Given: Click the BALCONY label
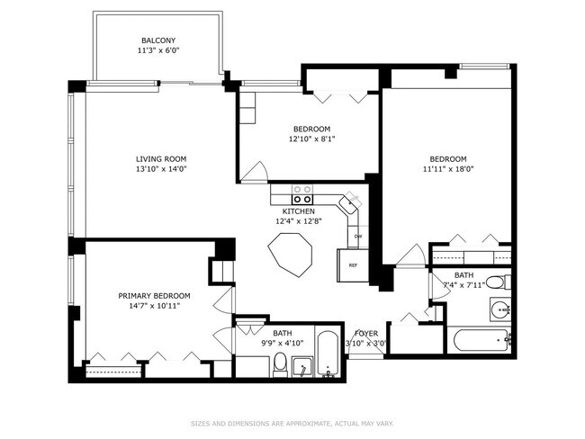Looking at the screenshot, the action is [x=158, y=40].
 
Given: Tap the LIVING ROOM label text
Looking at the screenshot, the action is [x=161, y=159].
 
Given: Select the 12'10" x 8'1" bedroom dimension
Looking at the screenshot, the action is [x=312, y=139].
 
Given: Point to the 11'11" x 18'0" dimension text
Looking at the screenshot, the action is [x=448, y=168].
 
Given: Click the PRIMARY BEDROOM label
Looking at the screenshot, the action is [x=154, y=296].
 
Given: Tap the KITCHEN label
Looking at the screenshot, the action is [x=299, y=211].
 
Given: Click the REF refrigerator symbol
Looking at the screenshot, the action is [x=353, y=265].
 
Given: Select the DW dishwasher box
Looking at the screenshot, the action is [x=358, y=237].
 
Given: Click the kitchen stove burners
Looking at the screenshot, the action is [x=302, y=194].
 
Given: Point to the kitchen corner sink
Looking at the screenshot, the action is [x=350, y=204].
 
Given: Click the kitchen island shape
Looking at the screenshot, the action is [x=291, y=255].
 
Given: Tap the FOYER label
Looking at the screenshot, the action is [x=366, y=334].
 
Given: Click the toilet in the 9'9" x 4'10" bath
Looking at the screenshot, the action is [x=280, y=364].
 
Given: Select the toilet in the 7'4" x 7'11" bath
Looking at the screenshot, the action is [x=499, y=282].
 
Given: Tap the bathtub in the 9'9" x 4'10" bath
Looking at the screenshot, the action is [x=328, y=354].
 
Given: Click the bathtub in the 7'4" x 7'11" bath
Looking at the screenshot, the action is [x=481, y=340].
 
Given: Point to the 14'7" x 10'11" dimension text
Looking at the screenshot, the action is [x=155, y=306].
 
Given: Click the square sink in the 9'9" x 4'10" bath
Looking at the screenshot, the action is [x=302, y=367].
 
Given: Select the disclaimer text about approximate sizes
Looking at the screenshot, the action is [x=292, y=424].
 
